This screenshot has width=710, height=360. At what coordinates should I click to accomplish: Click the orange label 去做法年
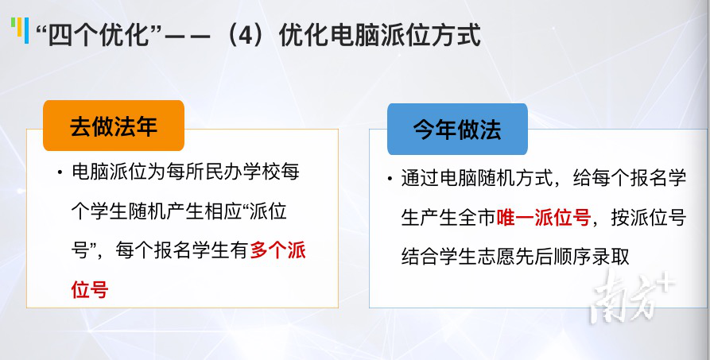pos(114,126)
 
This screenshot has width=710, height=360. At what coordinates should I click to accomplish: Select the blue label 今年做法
pos(457,129)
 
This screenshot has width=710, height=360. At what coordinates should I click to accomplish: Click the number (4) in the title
pos(245,35)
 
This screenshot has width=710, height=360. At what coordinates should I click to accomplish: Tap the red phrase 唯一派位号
pos(544,218)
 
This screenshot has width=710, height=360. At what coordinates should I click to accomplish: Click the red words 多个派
pos(278,250)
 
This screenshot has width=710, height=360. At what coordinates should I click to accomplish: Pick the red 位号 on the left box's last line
pos(90,289)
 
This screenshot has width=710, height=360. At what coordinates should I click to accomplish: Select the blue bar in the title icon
pos(27,31)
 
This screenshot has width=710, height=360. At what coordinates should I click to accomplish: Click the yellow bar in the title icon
pos(19,27)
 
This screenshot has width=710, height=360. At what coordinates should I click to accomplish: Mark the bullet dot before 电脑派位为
pos(60,173)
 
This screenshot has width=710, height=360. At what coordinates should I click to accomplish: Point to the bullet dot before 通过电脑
pos(390,179)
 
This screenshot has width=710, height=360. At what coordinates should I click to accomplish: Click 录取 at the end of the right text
pos(611,257)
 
